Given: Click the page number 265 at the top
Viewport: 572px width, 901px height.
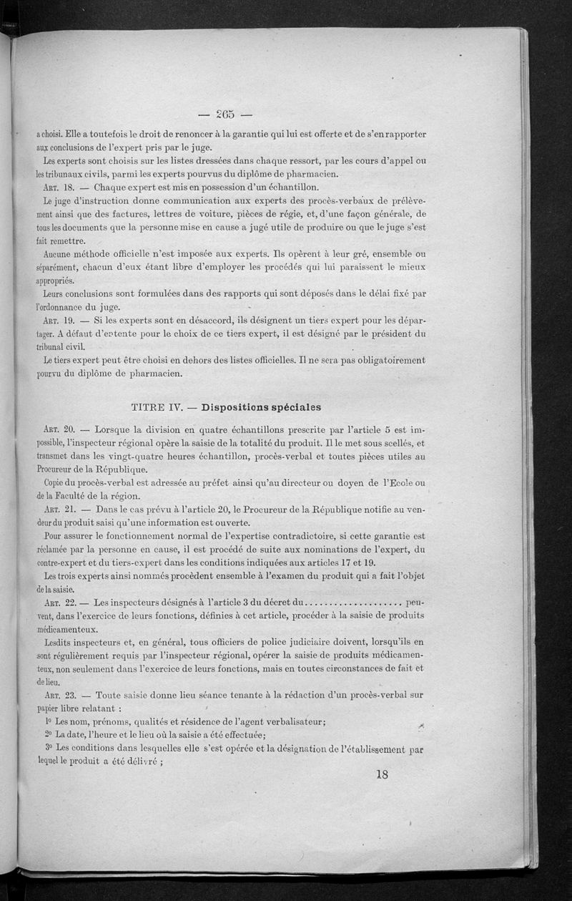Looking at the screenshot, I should [225, 115].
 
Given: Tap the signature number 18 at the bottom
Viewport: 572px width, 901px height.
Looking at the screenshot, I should [381, 774].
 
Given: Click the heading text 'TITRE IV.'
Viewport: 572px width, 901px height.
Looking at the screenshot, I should [158, 406].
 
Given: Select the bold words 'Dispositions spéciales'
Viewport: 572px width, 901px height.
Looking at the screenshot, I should [262, 406].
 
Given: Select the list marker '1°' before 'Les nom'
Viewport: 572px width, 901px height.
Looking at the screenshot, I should [49, 721].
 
